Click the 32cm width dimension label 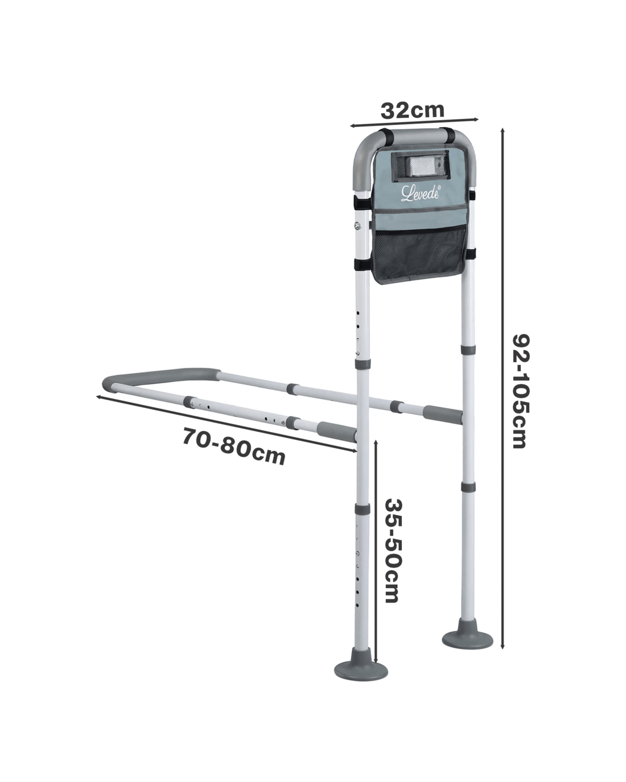(413, 110)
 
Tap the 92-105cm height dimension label (520, 391)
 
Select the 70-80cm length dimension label (233, 446)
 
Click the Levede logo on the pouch (421, 193)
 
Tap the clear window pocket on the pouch (420, 166)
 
